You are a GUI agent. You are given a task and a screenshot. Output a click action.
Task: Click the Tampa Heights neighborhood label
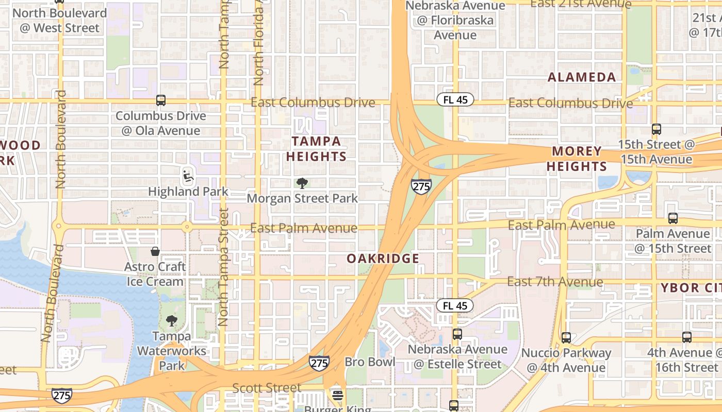pyautogui.click(x=316, y=148)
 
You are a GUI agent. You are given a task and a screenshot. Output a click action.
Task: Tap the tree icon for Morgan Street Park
pyautogui.click(x=302, y=183)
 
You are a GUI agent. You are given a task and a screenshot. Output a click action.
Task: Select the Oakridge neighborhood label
pyautogui.click(x=383, y=259)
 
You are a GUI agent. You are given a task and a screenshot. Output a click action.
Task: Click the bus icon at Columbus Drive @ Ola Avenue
pyautogui.click(x=161, y=100)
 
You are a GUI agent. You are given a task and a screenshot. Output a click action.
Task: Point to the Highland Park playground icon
pyautogui.click(x=188, y=176)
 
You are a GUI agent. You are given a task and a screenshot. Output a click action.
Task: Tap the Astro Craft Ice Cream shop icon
pyautogui.click(x=155, y=251)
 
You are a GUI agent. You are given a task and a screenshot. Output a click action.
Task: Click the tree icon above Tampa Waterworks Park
pyautogui.click(x=172, y=321)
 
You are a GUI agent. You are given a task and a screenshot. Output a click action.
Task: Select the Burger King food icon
pyautogui.click(x=338, y=396)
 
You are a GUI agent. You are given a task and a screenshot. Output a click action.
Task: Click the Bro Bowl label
pyautogui.click(x=370, y=362)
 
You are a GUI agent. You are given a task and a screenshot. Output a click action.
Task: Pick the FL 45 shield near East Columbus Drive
pyautogui.click(x=455, y=99)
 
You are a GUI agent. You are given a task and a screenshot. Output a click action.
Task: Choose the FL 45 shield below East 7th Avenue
pyautogui.click(x=454, y=305)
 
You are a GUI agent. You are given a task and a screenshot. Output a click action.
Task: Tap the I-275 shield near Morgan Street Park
pyautogui.click(x=421, y=186)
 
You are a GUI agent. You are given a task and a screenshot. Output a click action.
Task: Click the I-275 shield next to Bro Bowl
pyautogui.click(x=319, y=363)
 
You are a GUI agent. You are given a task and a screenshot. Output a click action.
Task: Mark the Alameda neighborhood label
pyautogui.click(x=582, y=78)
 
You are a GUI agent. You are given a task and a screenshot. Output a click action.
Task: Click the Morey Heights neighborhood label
pyautogui.click(x=577, y=159)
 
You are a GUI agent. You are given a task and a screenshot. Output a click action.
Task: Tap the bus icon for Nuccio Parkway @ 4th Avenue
pyautogui.click(x=566, y=338)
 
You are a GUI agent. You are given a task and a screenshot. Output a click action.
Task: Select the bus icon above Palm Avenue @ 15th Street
pyautogui.click(x=672, y=218)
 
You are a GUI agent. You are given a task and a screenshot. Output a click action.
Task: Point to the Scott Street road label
pyautogui.click(x=267, y=387)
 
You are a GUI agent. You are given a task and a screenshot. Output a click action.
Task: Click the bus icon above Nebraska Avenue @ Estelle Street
pyautogui.click(x=457, y=334)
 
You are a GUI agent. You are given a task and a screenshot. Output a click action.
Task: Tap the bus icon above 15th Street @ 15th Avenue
pyautogui.click(x=656, y=129)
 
